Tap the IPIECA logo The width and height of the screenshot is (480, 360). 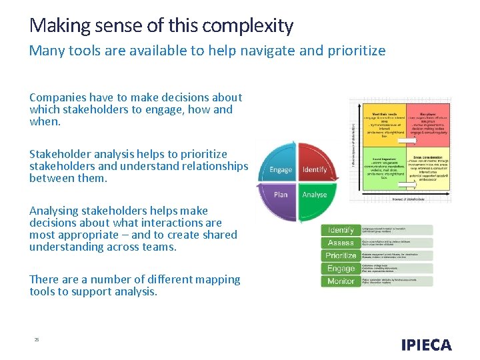(427, 345)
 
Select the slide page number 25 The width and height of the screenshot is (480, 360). (37, 340)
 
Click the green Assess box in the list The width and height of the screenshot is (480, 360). (341, 243)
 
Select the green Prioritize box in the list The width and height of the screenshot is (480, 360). (341, 255)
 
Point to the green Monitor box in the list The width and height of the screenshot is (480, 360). (341, 281)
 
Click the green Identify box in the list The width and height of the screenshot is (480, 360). (341, 230)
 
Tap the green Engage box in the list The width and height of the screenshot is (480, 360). (341, 269)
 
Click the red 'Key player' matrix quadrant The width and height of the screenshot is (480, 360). (427, 123)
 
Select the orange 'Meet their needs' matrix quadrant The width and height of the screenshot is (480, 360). (383, 123)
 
